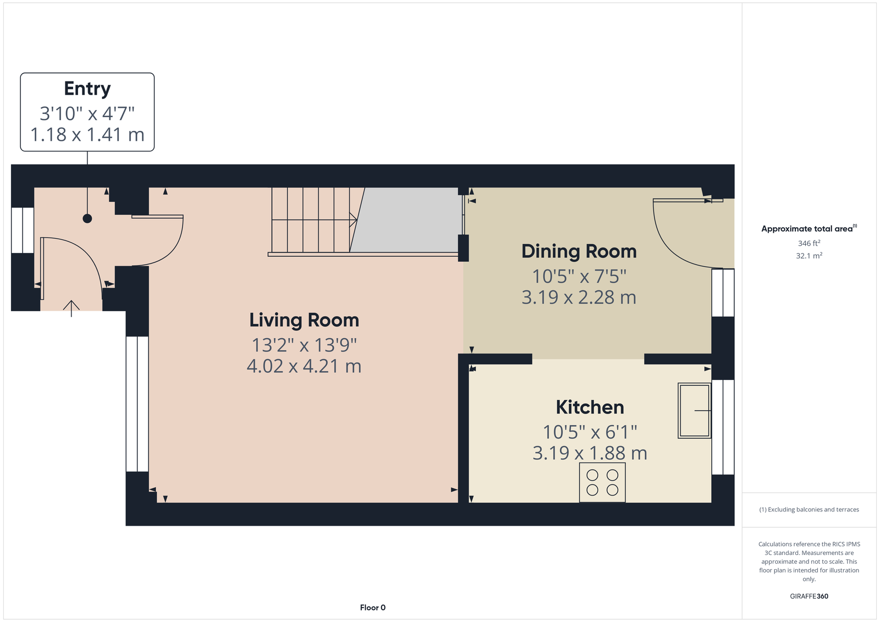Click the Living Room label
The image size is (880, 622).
(304, 320)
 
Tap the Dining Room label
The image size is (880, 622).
(579, 251)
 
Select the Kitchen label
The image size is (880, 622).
(590, 407)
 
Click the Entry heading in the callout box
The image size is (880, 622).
(87, 89)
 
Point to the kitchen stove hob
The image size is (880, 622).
(602, 482)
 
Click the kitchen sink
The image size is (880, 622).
(694, 411)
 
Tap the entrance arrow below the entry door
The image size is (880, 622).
(71, 309)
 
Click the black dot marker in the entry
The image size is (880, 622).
(87, 218)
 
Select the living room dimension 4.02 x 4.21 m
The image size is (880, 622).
(304, 366)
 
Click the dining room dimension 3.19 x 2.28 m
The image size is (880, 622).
(579, 298)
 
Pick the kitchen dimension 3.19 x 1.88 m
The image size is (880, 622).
(590, 453)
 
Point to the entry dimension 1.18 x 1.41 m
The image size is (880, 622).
(87, 135)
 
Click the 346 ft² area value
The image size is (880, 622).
(809, 243)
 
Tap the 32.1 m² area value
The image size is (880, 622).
(809, 256)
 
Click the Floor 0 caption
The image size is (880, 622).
(372, 608)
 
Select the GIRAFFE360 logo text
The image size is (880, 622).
(809, 596)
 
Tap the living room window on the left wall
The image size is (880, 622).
(137, 404)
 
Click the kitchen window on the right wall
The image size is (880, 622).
(723, 427)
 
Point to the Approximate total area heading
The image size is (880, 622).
(809, 229)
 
